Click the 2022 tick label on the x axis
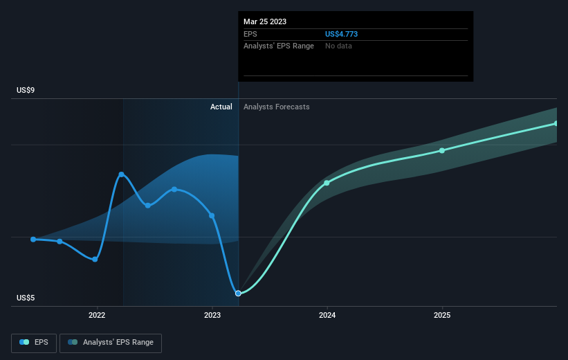point(97,316)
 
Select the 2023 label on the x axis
point(212,316)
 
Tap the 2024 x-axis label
point(327,316)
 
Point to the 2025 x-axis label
point(442,316)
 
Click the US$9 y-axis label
point(26,90)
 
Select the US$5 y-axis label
point(26,298)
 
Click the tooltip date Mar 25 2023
point(265,21)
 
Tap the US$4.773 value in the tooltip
point(341,34)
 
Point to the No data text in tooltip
point(338,46)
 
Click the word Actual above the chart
point(221,107)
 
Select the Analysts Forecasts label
point(277,107)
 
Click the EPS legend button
point(34,343)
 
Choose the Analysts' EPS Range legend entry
point(111,343)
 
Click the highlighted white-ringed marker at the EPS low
point(238,294)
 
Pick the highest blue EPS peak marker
point(121,174)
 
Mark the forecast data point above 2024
point(327,183)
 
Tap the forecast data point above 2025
point(442,150)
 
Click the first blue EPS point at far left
point(33,240)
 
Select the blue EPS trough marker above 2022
point(95,259)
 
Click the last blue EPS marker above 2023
point(212,216)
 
